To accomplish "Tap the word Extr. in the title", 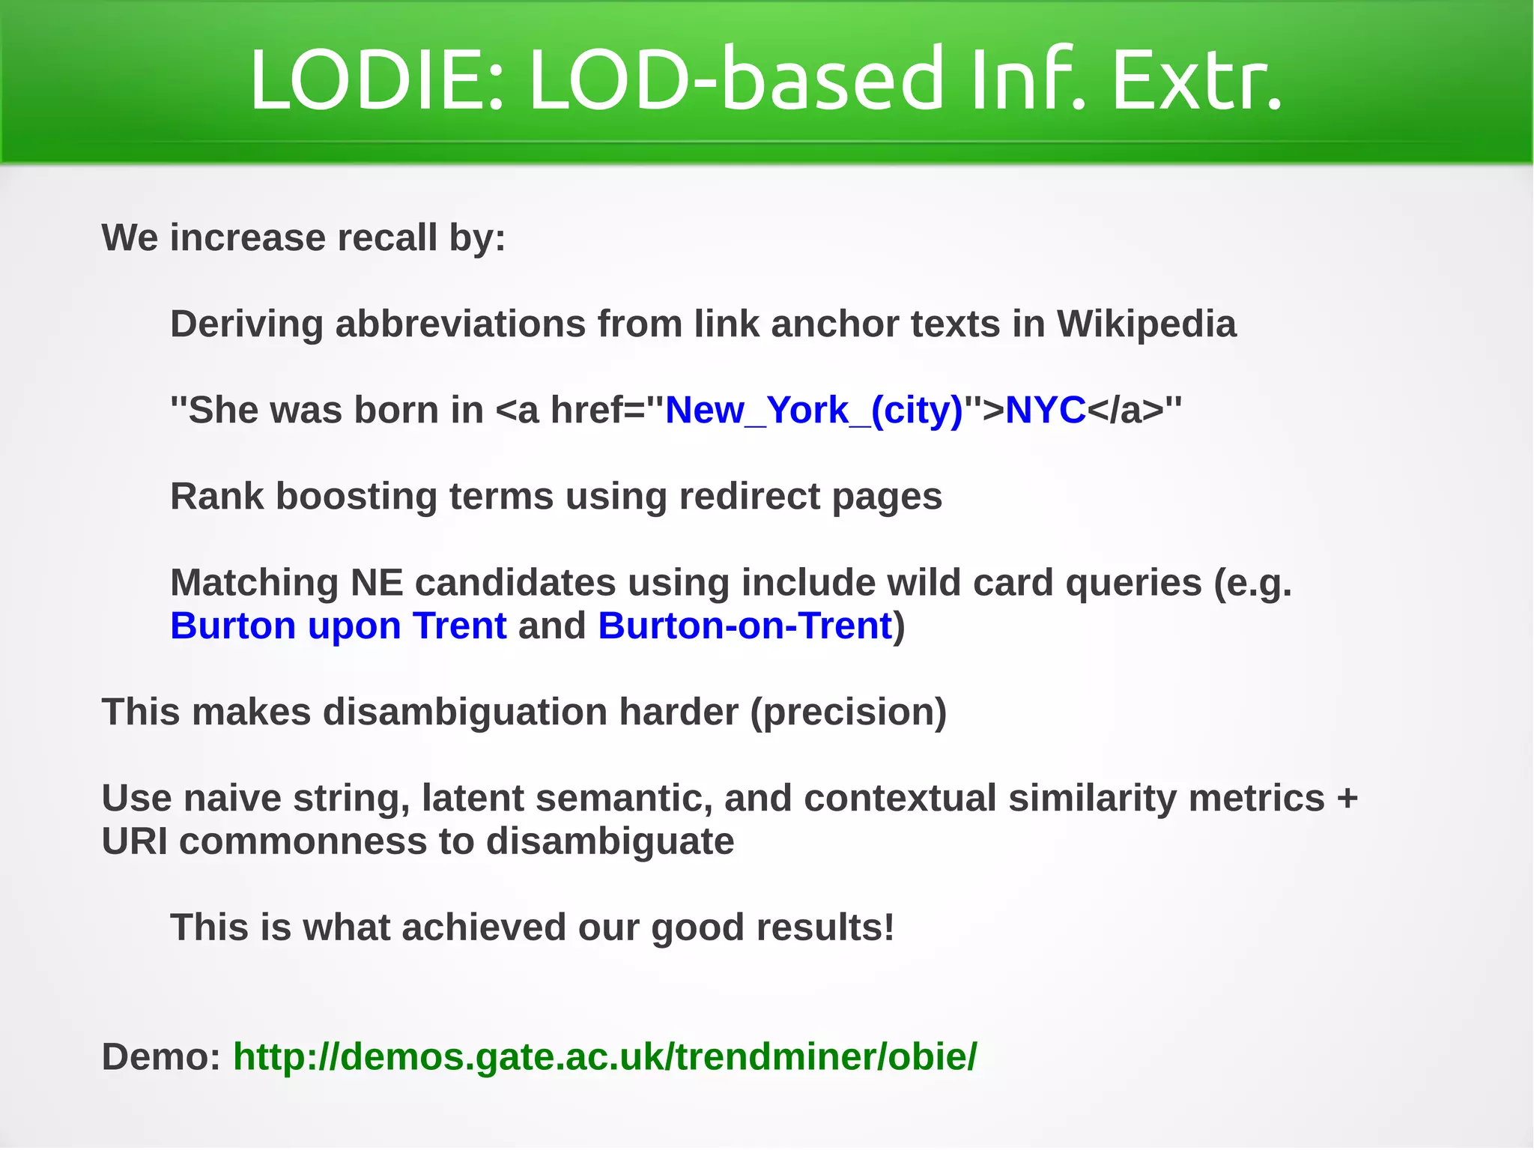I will point(1196,79).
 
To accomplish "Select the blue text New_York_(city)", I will point(813,411).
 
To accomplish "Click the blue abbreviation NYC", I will point(1045,411).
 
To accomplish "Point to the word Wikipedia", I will point(1146,324).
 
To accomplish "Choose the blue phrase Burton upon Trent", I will point(338,626).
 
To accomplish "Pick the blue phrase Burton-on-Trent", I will point(745,626).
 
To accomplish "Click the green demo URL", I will point(604,1057).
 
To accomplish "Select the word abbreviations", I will point(460,324).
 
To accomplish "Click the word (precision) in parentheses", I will point(849,712).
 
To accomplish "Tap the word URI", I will point(134,841).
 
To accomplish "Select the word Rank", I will point(217,497).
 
